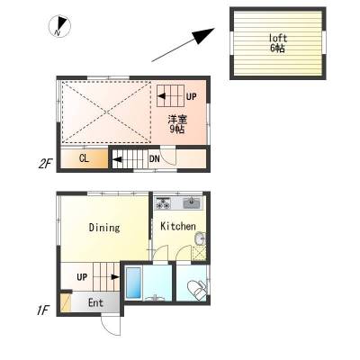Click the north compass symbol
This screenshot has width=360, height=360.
(x=59, y=26)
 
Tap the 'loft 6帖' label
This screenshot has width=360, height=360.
(x=278, y=43)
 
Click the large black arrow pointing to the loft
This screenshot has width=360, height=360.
(x=183, y=45)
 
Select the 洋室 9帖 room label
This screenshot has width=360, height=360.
(x=177, y=124)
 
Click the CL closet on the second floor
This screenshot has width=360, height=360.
(x=85, y=158)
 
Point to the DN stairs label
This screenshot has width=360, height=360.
(x=155, y=158)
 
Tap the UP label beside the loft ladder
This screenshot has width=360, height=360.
(x=191, y=96)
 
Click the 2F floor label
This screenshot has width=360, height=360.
(x=45, y=164)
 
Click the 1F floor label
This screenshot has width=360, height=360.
(x=42, y=310)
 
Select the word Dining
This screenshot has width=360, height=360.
(x=104, y=228)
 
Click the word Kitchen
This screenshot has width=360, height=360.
(x=178, y=226)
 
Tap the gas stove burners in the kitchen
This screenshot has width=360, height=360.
(x=162, y=203)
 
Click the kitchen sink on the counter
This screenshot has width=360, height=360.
(x=191, y=202)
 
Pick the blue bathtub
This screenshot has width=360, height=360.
(x=133, y=282)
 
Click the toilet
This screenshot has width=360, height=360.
(x=197, y=289)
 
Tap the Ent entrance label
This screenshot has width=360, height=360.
(x=95, y=303)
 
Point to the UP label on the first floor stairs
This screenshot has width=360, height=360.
(x=82, y=277)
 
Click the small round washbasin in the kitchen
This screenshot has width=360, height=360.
(x=200, y=238)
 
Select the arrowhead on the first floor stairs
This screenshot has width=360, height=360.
(x=115, y=276)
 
